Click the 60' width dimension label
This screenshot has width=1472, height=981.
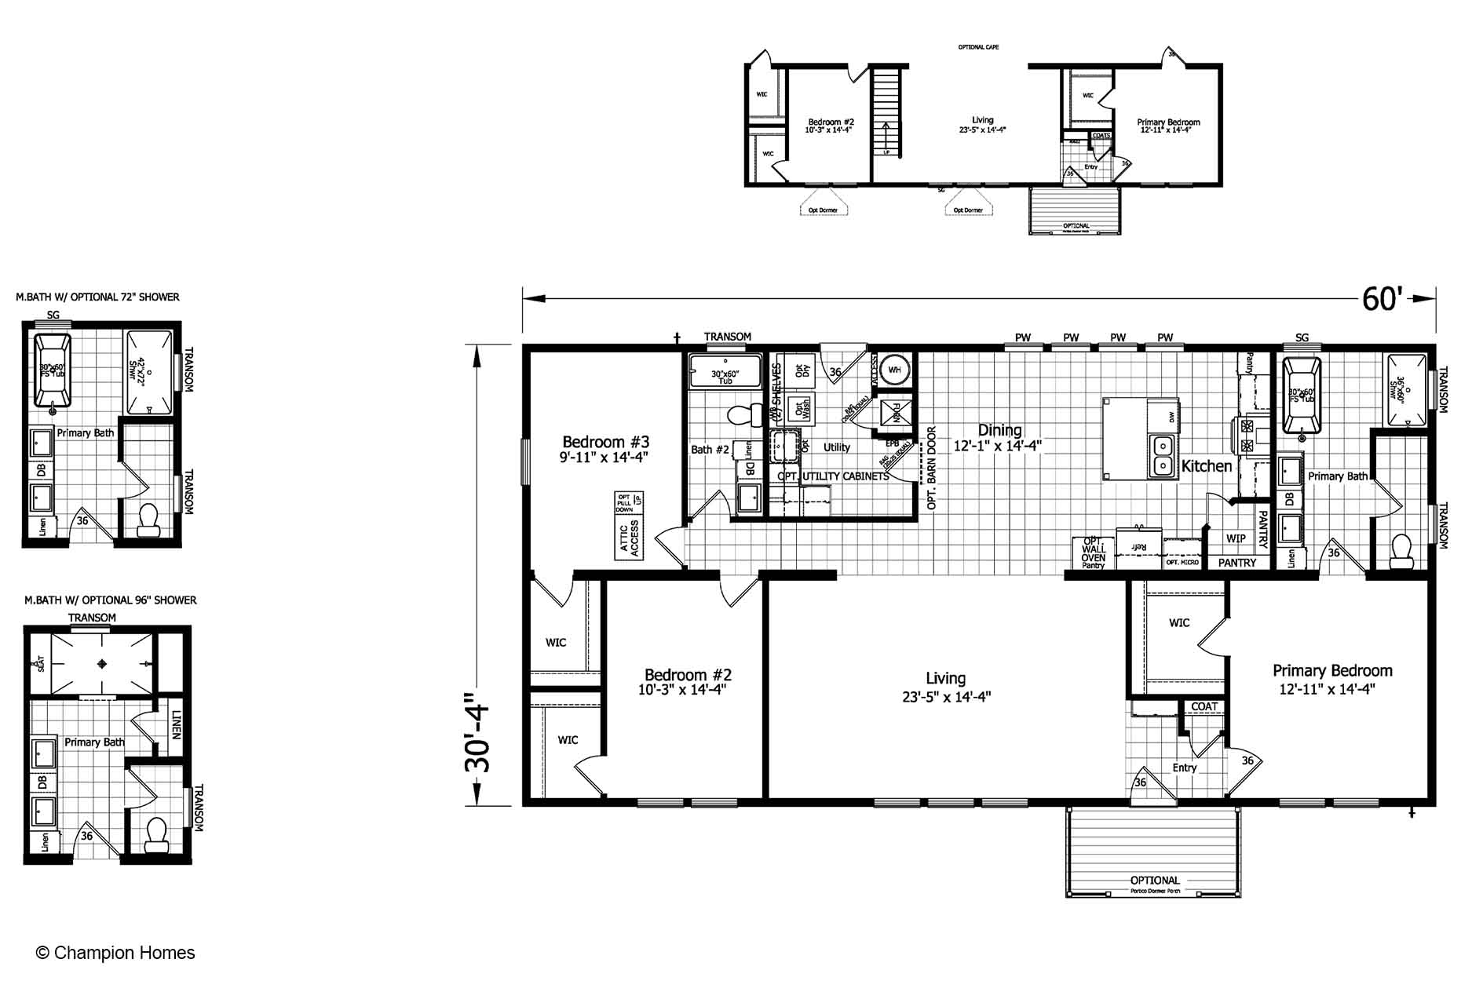[1382, 298]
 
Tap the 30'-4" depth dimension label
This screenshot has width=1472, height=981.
[477, 732]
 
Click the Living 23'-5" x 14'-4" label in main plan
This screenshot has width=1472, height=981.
[946, 687]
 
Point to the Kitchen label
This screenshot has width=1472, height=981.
[1207, 466]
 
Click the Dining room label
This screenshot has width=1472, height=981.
[999, 430]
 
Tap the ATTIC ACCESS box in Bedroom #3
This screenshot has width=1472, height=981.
[628, 538]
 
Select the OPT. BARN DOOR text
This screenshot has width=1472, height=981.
[932, 469]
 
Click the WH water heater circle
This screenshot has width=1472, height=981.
[894, 369]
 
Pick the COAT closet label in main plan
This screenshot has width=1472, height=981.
[1204, 707]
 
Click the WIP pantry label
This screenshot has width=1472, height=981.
[1236, 538]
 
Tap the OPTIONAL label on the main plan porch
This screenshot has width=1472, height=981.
[1154, 881]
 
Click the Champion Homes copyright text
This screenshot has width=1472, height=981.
[115, 953]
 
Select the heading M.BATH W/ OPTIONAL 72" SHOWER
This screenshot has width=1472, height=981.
[97, 297]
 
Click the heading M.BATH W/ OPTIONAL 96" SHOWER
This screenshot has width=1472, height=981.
[110, 600]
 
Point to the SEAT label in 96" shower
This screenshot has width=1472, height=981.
[39, 664]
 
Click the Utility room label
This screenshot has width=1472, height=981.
[836, 447]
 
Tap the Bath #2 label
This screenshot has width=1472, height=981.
[710, 450]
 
